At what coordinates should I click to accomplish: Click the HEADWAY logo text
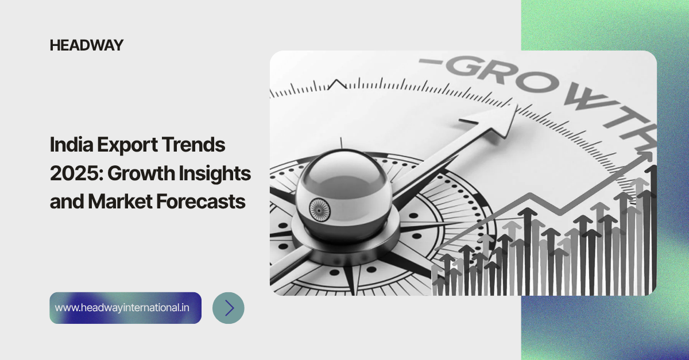(87, 45)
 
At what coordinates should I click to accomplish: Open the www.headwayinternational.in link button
(125, 308)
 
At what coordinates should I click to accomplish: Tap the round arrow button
(229, 308)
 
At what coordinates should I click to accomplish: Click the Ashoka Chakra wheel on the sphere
(317, 209)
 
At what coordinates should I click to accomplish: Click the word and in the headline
(64, 202)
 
